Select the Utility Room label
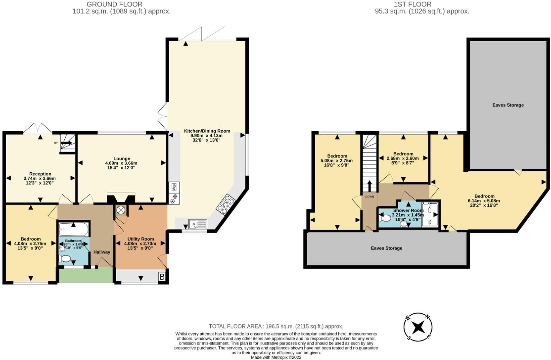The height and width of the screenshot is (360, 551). click(x=140, y=239)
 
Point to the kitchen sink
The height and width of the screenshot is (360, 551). click(x=198, y=224)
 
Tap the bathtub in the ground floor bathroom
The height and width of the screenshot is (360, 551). click(x=74, y=229)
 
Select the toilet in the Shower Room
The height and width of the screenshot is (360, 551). click(x=385, y=219)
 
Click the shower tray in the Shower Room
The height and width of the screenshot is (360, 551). click(x=430, y=214)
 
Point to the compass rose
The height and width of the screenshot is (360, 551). click(x=418, y=327)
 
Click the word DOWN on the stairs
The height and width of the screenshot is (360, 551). click(x=369, y=197)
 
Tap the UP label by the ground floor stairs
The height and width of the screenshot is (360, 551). click(x=56, y=143)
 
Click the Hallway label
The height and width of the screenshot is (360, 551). click(x=101, y=252)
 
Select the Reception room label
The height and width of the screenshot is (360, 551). click(x=40, y=174)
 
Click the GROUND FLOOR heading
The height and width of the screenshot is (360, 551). click(x=114, y=4)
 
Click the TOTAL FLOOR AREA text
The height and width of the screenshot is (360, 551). click(x=276, y=326)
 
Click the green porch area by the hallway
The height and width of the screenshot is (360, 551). click(x=86, y=276)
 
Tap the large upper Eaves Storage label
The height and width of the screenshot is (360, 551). click(x=508, y=105)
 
